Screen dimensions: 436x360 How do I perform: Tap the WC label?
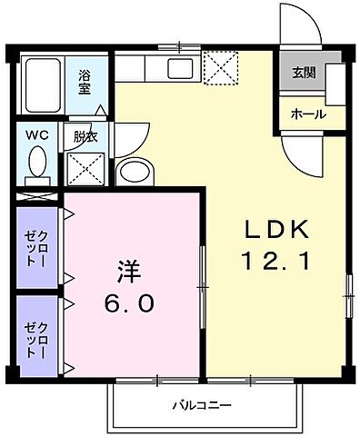click(x=36, y=135)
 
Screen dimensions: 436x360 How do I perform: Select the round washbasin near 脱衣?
click(x=136, y=173)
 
